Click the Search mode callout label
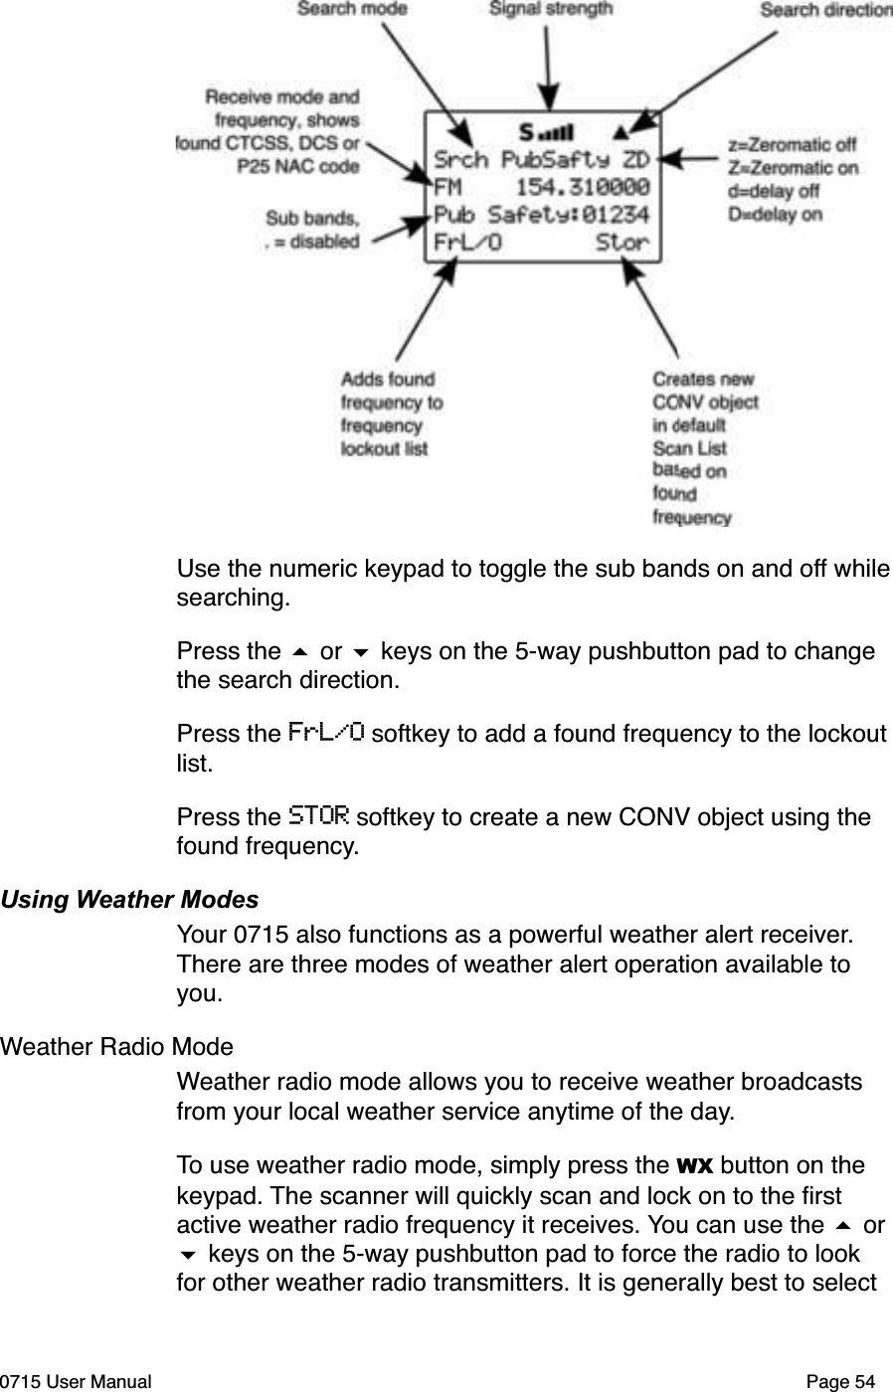pyautogui.click(x=352, y=9)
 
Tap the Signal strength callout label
pyautogui.click(x=551, y=9)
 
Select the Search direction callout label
pyautogui.click(x=825, y=10)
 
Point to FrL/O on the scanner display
pyautogui.click(x=467, y=241)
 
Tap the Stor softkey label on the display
pyautogui.click(x=623, y=241)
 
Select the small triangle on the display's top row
pyautogui.click(x=621, y=130)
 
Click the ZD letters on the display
pyautogui.click(x=635, y=159)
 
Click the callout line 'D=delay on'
pyautogui.click(x=775, y=214)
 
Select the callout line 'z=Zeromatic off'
pyautogui.click(x=792, y=144)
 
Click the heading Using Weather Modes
pyautogui.click(x=129, y=900)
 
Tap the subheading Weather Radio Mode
pyautogui.click(x=117, y=1047)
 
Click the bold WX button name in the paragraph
pyautogui.click(x=691, y=1164)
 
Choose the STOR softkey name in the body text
pyautogui.click(x=318, y=817)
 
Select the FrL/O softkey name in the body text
pyautogui.click(x=325, y=734)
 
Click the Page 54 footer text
pyautogui.click(x=841, y=1381)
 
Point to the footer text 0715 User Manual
pyautogui.click(x=76, y=1381)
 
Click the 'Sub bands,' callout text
pyautogui.click(x=311, y=218)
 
